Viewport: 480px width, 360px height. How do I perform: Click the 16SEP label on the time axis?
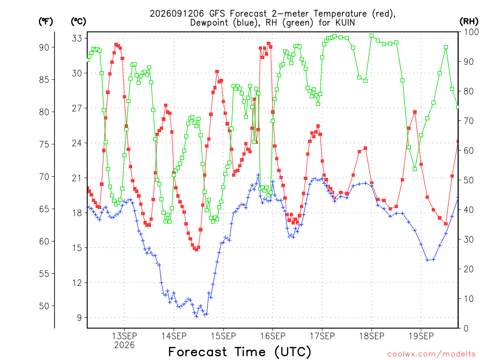click(273, 336)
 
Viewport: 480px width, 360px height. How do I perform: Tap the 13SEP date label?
click(124, 336)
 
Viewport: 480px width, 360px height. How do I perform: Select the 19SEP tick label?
click(421, 336)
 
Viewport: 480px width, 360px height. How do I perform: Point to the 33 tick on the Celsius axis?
click(77, 38)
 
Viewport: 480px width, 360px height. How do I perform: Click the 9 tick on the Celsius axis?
click(79, 317)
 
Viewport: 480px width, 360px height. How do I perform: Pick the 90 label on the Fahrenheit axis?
click(44, 47)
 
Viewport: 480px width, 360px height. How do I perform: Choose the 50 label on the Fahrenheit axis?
click(44, 306)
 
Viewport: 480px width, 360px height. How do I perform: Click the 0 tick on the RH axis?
click(466, 329)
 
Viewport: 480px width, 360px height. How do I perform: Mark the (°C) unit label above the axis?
click(78, 22)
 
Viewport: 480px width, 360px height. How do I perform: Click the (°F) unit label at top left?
click(45, 22)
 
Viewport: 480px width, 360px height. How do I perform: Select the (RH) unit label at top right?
click(469, 21)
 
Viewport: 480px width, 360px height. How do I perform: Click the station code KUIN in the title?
click(345, 22)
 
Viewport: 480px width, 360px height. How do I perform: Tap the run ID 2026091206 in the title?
click(177, 14)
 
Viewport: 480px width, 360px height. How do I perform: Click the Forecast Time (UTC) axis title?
click(240, 352)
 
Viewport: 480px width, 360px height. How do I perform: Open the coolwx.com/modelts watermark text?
click(431, 354)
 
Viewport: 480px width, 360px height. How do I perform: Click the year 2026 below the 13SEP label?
click(124, 345)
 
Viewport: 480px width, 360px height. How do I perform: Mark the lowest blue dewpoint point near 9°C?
click(196, 316)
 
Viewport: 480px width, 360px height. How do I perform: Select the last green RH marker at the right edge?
click(458, 107)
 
